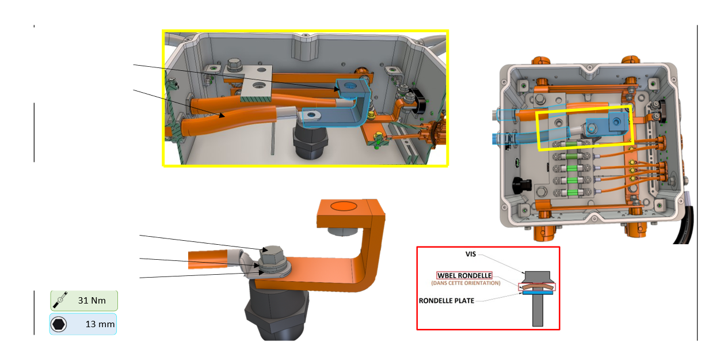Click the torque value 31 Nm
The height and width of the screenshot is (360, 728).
coord(92,301)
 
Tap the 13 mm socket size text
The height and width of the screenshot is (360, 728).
coord(100,324)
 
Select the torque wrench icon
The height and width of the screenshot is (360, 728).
coord(60,300)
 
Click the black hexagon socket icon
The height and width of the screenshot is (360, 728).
coord(59,324)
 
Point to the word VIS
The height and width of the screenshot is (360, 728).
coord(471,254)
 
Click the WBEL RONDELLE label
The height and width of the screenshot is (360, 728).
coord(464,276)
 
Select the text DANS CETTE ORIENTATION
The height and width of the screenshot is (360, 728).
coord(466,283)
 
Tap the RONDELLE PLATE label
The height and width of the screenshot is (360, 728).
coord(447,301)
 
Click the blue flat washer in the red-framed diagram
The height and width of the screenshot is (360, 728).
coord(538,293)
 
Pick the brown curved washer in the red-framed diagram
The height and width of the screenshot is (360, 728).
coord(538,286)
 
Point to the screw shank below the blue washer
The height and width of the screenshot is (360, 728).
coord(538,310)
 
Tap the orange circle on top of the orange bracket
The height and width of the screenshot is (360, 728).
coord(344,206)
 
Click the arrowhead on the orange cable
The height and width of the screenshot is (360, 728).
coord(222,115)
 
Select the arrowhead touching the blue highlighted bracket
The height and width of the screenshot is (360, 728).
coord(337,88)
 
